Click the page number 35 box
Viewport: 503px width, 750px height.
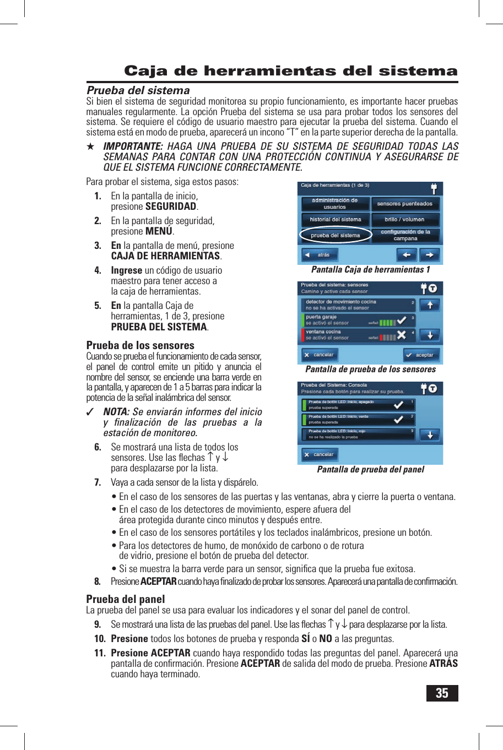pos(442,693)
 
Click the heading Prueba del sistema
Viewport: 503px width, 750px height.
pos(138,90)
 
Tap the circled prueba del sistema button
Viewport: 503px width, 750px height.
pos(335,235)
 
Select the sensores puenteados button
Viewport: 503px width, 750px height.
pos(405,204)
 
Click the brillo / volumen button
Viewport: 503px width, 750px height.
pos(405,219)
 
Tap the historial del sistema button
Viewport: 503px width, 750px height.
pos(335,219)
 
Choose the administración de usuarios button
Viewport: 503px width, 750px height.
pos(335,204)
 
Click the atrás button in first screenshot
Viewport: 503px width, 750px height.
pos(320,255)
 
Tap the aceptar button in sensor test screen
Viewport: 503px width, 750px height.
pos(421,355)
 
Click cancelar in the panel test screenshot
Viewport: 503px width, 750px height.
pos(320,455)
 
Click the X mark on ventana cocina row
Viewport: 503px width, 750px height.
pos(402,335)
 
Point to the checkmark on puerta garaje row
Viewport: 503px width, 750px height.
pos(402,320)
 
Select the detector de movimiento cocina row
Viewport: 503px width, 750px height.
pos(358,305)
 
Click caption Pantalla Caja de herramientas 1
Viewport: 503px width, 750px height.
pos(370,270)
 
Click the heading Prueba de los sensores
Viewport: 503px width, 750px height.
pos(140,345)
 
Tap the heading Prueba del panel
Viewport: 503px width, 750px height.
pos(126,599)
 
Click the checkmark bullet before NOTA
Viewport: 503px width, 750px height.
pos(91,412)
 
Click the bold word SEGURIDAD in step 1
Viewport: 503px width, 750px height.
pos(171,206)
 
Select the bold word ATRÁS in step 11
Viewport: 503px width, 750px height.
pos(443,664)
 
